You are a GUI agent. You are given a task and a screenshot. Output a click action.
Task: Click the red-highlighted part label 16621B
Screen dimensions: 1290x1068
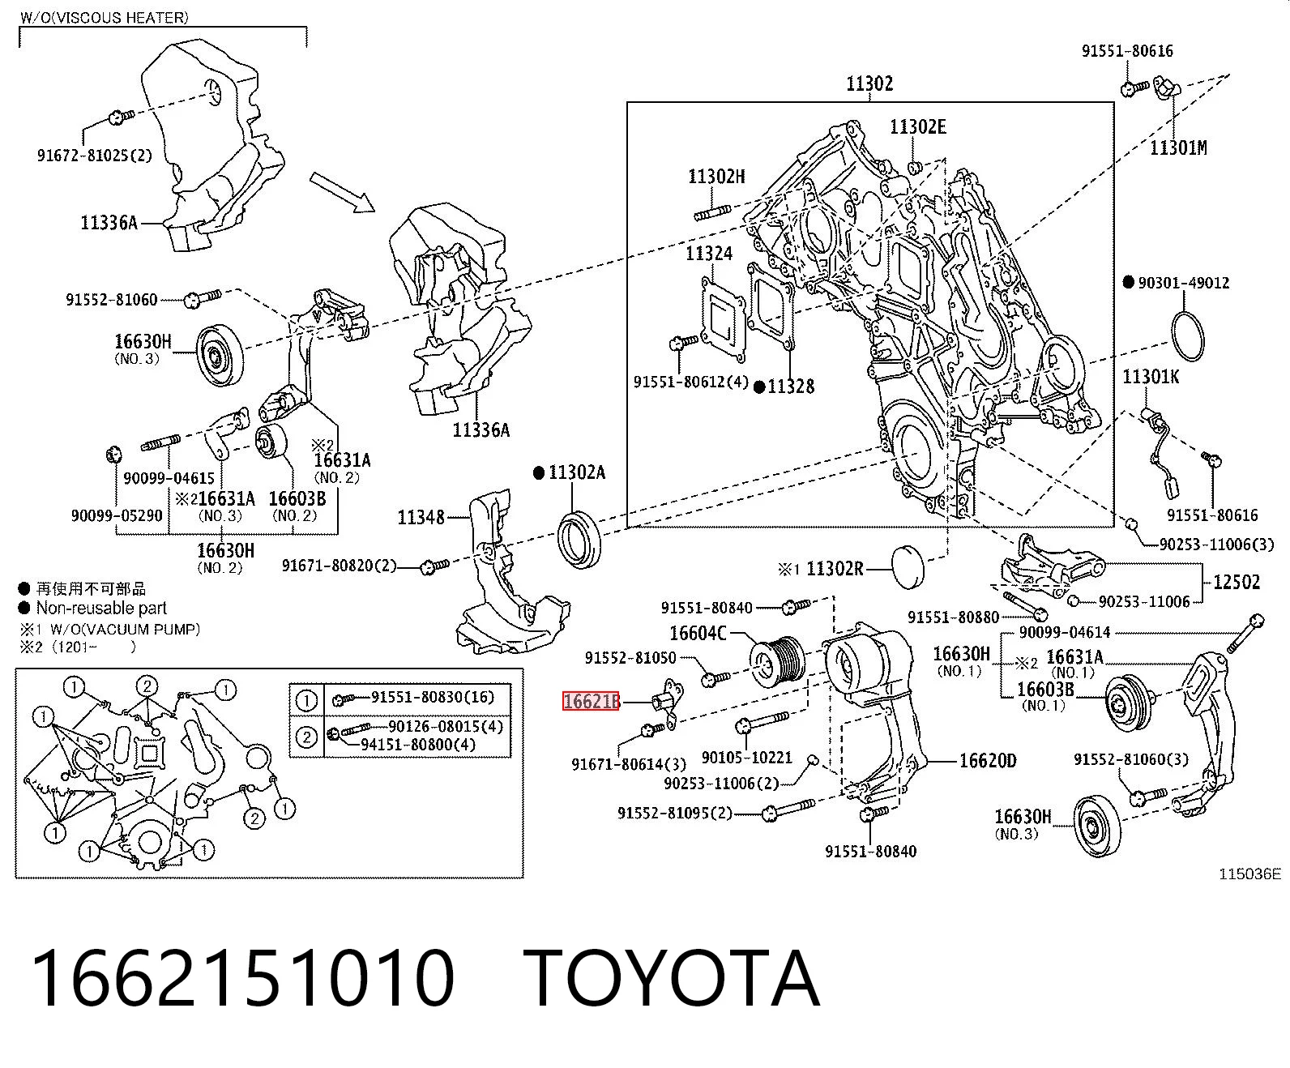591,702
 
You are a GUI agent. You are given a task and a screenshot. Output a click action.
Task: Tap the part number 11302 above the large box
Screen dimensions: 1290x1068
869,83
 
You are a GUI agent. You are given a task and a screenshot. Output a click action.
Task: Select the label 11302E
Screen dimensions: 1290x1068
917,126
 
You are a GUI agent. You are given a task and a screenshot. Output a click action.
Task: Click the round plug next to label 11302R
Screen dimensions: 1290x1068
908,566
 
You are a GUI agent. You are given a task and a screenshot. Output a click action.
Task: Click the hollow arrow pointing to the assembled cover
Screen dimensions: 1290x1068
342,193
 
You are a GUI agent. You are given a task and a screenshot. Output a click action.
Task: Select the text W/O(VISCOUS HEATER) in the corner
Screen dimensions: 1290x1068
105,18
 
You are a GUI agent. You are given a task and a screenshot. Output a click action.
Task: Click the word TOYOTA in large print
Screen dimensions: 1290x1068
672,978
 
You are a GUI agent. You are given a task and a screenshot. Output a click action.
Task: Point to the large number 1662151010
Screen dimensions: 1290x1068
243,978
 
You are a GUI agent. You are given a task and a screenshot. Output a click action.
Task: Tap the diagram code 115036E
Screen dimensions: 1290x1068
1249,874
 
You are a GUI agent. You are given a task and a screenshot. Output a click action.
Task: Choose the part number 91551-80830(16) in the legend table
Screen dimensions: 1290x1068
433,697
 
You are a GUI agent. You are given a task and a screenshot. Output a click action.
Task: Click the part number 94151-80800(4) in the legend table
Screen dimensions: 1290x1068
418,744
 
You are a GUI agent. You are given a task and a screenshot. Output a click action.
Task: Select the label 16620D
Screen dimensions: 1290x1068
987,761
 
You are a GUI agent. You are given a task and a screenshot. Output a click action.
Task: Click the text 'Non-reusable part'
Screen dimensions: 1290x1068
101,609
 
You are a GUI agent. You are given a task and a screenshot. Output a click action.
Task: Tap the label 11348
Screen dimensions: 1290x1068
421,517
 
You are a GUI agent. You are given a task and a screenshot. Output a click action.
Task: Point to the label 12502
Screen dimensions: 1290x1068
1237,582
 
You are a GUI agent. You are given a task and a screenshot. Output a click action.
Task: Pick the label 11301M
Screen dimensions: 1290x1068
1178,147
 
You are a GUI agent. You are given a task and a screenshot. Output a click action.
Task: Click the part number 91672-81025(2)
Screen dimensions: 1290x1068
95,155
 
